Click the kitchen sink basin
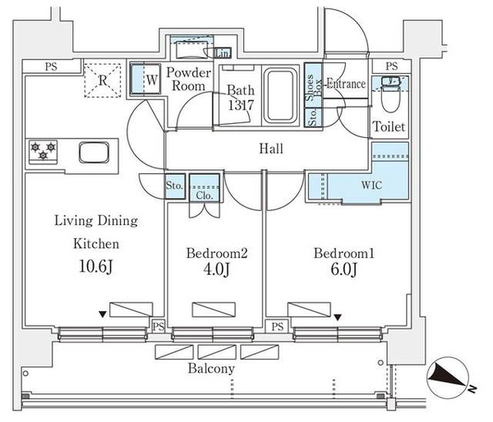94,153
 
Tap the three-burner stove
44,152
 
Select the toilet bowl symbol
390,94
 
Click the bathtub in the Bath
280,95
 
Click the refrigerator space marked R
103,80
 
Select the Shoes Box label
313,88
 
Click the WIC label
371,185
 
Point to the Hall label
271,149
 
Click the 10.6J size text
95,267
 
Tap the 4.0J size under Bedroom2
216,269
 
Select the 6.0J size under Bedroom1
343,269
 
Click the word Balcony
211,369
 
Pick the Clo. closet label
205,195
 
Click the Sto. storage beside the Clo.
174,186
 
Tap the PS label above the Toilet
392,67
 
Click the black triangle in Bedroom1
338,318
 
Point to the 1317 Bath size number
241,105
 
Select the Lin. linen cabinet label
223,53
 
